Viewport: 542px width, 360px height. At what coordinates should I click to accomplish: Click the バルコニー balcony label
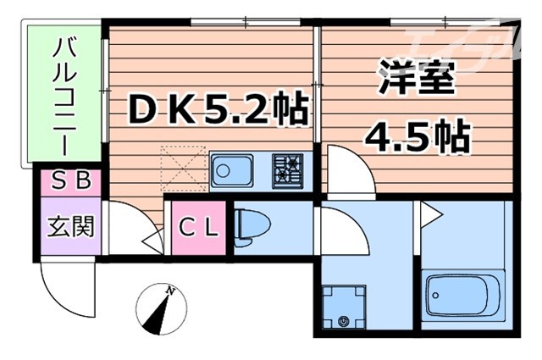pyautogui.click(x=64, y=95)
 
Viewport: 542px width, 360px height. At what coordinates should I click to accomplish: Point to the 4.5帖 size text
pyautogui.click(x=417, y=135)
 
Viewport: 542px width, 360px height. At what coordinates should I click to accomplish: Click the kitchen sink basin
pyautogui.click(x=230, y=169)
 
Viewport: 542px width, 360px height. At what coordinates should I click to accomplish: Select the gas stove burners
pyautogui.click(x=290, y=169)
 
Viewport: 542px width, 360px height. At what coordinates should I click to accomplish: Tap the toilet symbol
pyautogui.click(x=252, y=226)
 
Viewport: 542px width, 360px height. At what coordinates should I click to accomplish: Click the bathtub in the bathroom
pyautogui.click(x=464, y=296)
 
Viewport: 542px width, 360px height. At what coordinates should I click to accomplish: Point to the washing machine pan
pyautogui.click(x=346, y=306)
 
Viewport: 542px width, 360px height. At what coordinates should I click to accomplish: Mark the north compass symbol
pyautogui.click(x=158, y=309)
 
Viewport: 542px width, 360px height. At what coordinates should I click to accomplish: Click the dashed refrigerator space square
pyautogui.click(x=181, y=168)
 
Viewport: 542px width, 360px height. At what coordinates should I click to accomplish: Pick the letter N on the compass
pyautogui.click(x=171, y=290)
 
